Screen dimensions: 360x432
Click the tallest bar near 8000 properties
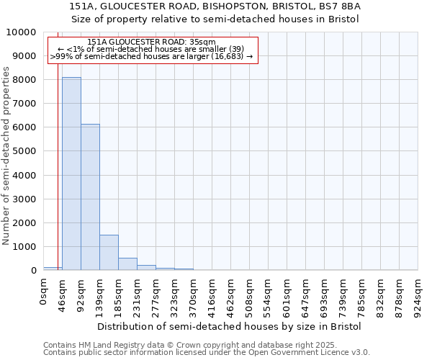(71, 174)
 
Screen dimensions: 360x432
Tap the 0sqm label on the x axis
(44, 291)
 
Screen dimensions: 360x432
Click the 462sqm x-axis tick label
(231, 294)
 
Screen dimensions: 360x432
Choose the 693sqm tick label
(325, 294)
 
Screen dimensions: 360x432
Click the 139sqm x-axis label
(100, 294)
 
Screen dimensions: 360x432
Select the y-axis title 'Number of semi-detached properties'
(7, 156)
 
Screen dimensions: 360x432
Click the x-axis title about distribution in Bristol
(229, 326)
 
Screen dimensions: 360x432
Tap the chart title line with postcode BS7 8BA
(215, 6)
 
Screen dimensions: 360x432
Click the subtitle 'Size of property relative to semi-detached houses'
(215, 19)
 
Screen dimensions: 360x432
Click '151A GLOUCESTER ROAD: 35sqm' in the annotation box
(152, 42)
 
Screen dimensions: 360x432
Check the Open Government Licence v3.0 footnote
(207, 353)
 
